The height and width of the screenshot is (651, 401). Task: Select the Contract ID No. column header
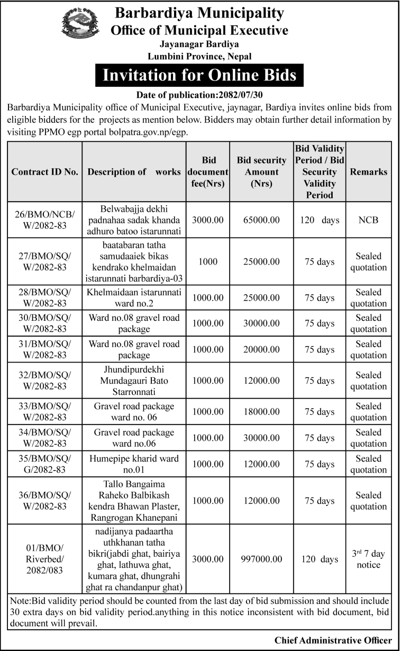pos(45,172)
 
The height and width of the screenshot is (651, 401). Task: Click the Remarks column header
pos(368,172)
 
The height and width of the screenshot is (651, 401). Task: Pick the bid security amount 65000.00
pos(258,219)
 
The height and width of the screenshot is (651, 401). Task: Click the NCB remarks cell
pos(368,219)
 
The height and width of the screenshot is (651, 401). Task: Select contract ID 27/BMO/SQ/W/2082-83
pos(45,261)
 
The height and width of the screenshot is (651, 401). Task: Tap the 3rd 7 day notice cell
pos(368,559)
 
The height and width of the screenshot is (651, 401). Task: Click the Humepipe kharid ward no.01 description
pos(134,464)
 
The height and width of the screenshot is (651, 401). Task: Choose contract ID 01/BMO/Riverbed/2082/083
pos(45,559)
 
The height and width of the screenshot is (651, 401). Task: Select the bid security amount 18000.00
pos(258,412)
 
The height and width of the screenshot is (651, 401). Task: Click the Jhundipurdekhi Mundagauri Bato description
pos(134,381)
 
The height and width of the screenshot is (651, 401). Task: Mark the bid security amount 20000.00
pos(258,350)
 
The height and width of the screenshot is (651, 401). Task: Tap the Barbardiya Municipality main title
pos(199,13)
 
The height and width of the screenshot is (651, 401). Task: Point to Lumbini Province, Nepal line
pos(199,56)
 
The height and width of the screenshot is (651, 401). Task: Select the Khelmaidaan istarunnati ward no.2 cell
pos(134,298)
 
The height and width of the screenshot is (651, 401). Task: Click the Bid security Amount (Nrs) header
pos(258,172)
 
